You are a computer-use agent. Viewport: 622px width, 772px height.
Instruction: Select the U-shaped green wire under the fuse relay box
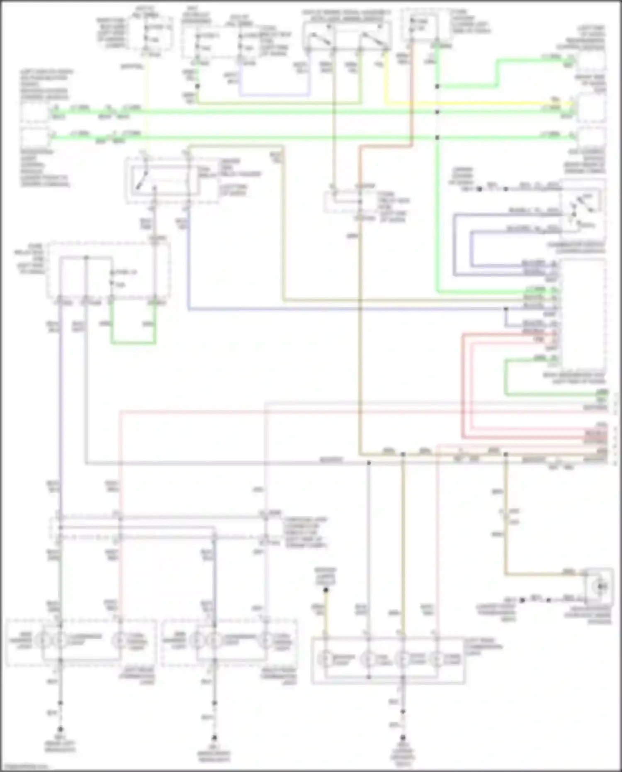click(x=133, y=343)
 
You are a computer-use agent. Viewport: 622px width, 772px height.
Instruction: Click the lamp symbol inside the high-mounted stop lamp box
click(x=600, y=586)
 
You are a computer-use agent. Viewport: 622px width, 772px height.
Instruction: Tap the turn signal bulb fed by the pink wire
click(x=119, y=641)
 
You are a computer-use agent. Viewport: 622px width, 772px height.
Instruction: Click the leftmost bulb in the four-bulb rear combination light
click(x=326, y=658)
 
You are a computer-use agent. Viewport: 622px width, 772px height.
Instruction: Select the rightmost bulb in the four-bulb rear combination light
click(x=436, y=658)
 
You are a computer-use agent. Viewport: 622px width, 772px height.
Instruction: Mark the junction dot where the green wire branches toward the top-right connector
click(x=437, y=86)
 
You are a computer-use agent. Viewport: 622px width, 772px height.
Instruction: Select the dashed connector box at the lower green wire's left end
click(x=35, y=137)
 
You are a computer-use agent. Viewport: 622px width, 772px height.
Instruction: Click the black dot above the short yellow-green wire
click(x=326, y=589)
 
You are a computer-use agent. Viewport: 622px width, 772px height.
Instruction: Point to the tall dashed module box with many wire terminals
click(x=583, y=311)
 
